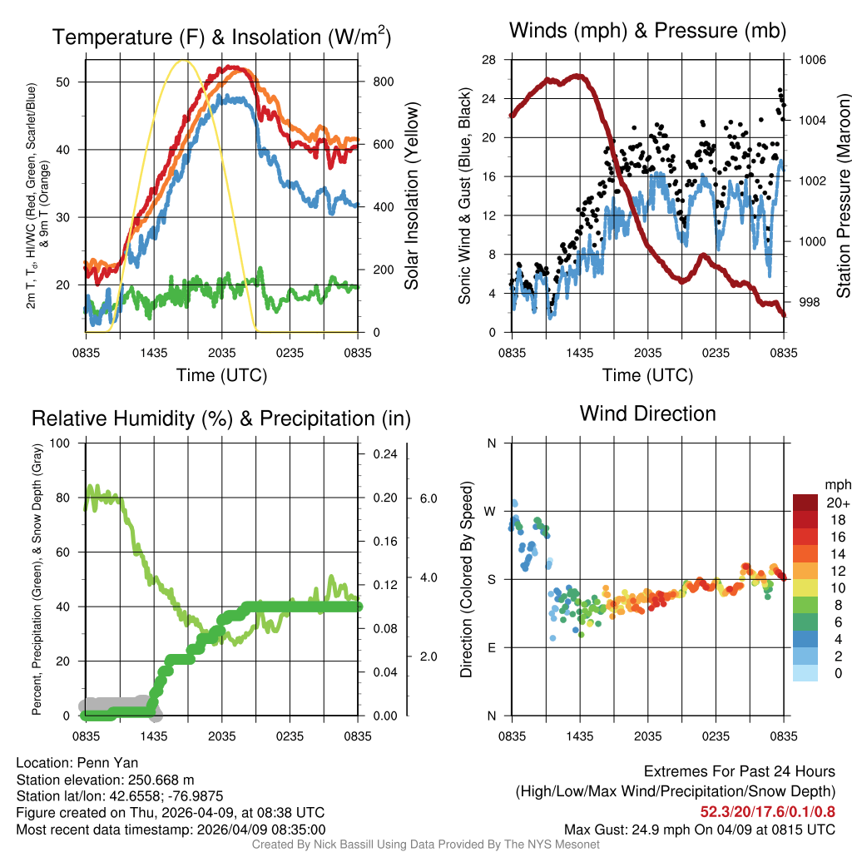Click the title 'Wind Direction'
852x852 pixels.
pyautogui.click(x=647, y=414)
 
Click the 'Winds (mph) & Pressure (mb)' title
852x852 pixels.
pyautogui.click(x=647, y=32)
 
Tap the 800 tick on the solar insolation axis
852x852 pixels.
pyautogui.click(x=377, y=82)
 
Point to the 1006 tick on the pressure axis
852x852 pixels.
pyautogui.click(x=813, y=60)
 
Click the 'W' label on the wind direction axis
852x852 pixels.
pyautogui.click(x=491, y=511)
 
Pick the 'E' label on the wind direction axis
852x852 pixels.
pyautogui.click(x=491, y=647)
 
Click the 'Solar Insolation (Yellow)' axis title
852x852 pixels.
pyautogui.click(x=413, y=196)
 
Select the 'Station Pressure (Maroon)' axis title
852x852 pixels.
pyautogui.click(x=843, y=196)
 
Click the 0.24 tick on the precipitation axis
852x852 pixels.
pyautogui.click(x=384, y=454)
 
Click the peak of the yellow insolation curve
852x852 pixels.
pyautogui.click(x=186, y=61)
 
